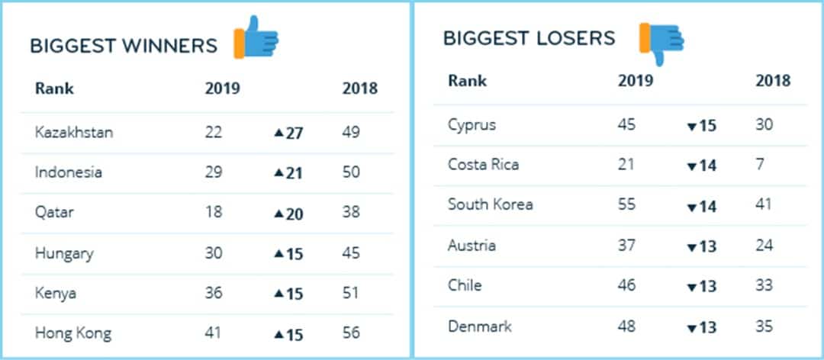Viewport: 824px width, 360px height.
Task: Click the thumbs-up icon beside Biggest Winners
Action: coord(257,37)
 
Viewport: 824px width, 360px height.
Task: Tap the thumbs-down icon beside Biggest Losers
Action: coord(661,42)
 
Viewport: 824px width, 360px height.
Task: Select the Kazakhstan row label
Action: coord(74,132)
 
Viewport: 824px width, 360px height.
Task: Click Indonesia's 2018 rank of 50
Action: coord(351,172)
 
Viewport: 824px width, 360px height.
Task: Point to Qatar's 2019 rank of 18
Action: coord(214,213)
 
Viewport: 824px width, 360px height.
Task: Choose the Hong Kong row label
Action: coord(72,333)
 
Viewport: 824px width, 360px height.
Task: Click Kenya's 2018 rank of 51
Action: coord(351,293)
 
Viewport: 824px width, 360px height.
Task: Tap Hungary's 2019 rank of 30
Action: coord(214,252)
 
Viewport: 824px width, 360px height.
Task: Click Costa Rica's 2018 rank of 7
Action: coord(760,164)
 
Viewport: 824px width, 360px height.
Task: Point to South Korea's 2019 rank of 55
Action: coord(627,204)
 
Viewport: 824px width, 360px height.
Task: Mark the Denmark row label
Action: coord(480,326)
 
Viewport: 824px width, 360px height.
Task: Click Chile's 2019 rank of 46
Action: coord(627,285)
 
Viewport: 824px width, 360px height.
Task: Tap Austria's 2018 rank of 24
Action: coord(764,245)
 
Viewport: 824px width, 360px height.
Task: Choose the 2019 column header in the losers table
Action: coord(636,80)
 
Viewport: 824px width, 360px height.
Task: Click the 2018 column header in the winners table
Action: coord(359,88)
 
